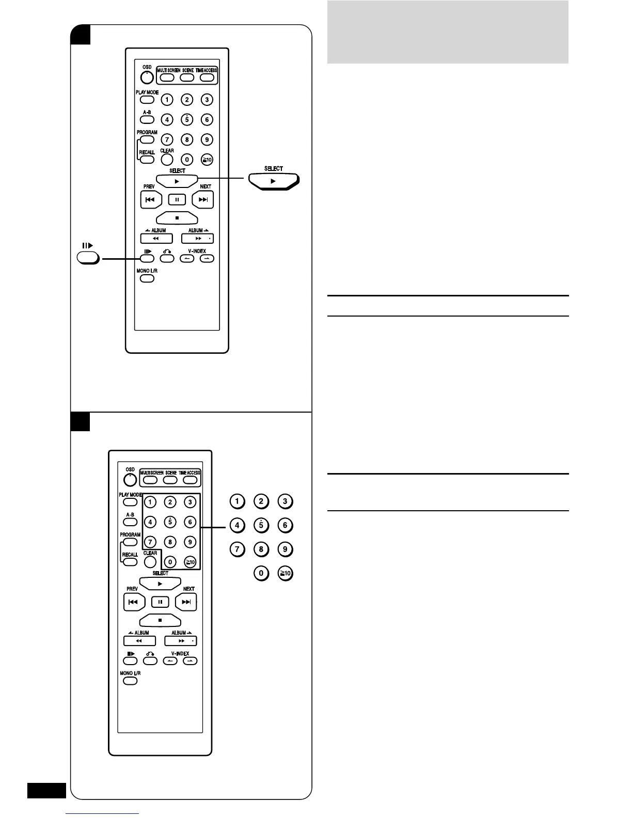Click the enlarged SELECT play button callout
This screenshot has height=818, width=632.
click(274, 181)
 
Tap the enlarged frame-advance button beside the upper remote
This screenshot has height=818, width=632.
click(88, 258)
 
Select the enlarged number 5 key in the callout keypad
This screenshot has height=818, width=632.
click(261, 526)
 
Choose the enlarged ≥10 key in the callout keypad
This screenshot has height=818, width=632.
click(286, 573)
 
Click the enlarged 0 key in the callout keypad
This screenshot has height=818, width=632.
click(261, 573)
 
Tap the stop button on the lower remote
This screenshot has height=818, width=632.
click(160, 620)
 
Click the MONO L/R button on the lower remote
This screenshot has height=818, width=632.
click(130, 681)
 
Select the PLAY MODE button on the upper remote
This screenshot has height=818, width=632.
click(147, 100)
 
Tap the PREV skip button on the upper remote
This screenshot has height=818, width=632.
click(151, 199)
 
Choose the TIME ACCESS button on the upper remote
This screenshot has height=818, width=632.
click(207, 78)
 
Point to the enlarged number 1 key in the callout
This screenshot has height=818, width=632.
click(237, 501)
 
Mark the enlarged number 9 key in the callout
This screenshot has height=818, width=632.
click(286, 549)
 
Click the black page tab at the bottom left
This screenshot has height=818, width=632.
click(46, 791)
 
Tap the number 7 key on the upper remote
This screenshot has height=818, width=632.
click(167, 139)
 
